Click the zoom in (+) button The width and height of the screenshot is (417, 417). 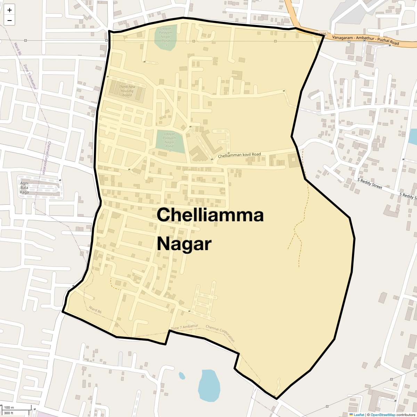click(9, 10)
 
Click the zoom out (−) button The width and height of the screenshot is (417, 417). click(9, 21)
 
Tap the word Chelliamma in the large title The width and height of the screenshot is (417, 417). click(210, 215)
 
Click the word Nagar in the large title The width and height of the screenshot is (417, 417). click(184, 244)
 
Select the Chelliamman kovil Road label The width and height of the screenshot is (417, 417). click(239, 155)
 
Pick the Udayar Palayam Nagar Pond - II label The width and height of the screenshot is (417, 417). click(169, 142)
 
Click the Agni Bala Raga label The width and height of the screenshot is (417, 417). click(24, 188)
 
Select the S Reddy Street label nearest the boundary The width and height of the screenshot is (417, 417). click(370, 183)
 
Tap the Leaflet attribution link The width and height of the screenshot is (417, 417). click(359, 415)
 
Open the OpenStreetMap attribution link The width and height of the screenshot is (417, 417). click(383, 415)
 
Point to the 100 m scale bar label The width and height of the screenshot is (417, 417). click(9, 408)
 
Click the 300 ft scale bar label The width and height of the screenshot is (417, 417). click(9, 413)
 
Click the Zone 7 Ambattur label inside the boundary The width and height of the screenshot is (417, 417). click(184, 327)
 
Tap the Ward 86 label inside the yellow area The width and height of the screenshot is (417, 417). click(95, 310)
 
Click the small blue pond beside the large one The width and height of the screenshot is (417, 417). click(182, 376)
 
